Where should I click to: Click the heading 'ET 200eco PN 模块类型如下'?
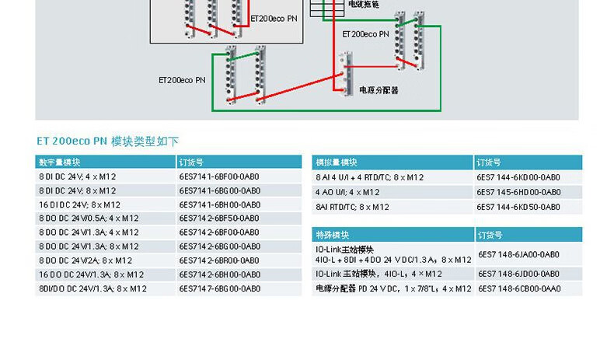tap(107, 141)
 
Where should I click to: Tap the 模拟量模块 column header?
tap(337, 163)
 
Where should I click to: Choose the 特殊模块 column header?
tap(332, 234)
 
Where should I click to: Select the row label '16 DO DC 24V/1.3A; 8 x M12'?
tap(91, 274)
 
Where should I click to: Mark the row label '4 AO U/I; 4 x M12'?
tap(347, 192)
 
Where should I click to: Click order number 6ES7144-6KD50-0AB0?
tap(518, 207)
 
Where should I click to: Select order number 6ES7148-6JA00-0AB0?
tap(518, 254)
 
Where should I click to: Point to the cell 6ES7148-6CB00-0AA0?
tap(518, 288)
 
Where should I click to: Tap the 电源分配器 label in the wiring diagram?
tap(379, 90)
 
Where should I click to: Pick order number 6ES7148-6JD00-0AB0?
tap(518, 274)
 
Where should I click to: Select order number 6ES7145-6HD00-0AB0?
tap(518, 192)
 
